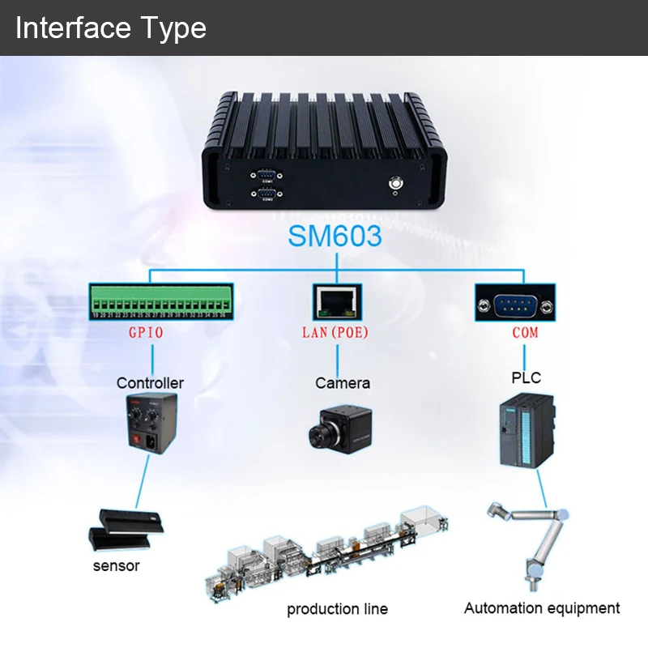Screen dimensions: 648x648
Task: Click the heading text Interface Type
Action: (x=111, y=28)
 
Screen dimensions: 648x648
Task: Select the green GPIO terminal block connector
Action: (x=161, y=303)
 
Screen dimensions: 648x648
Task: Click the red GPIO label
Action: (x=146, y=333)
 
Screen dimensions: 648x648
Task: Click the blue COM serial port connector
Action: (x=515, y=304)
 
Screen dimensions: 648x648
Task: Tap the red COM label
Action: (x=525, y=333)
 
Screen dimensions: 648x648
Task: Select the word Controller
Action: (x=150, y=382)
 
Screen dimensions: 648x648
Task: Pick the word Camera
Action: (x=343, y=382)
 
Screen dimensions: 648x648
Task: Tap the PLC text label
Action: (x=526, y=377)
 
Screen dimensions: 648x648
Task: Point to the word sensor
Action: (x=116, y=565)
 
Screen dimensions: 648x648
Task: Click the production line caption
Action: (x=337, y=608)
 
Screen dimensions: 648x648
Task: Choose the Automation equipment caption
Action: (x=542, y=607)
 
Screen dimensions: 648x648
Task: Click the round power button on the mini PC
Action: (x=397, y=184)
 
